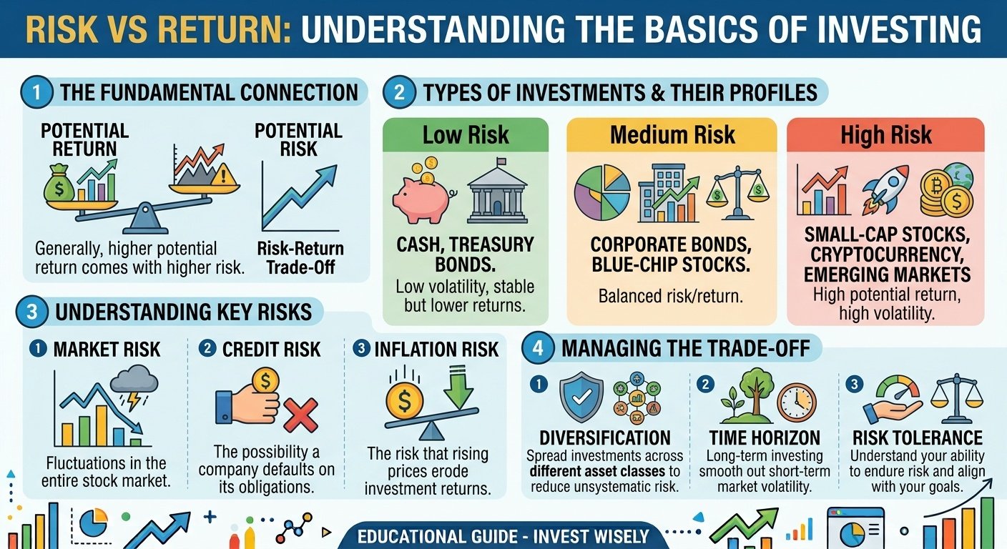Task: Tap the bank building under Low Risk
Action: tap(497, 190)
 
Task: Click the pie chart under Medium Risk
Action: tap(602, 192)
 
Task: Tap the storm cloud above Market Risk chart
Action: tap(134, 380)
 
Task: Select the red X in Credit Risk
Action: tap(301, 415)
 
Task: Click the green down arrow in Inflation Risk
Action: tap(458, 387)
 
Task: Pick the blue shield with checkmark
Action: tap(581, 397)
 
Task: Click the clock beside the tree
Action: tap(797, 402)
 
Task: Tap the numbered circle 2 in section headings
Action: tap(399, 92)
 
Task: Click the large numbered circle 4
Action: tap(538, 348)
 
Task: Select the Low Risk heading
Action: tap(466, 135)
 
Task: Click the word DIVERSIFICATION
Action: tap(605, 437)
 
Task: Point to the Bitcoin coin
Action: tap(935, 185)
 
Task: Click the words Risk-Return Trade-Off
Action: tap(300, 258)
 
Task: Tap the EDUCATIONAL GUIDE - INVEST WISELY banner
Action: tap(503, 536)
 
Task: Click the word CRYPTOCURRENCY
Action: tap(887, 254)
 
